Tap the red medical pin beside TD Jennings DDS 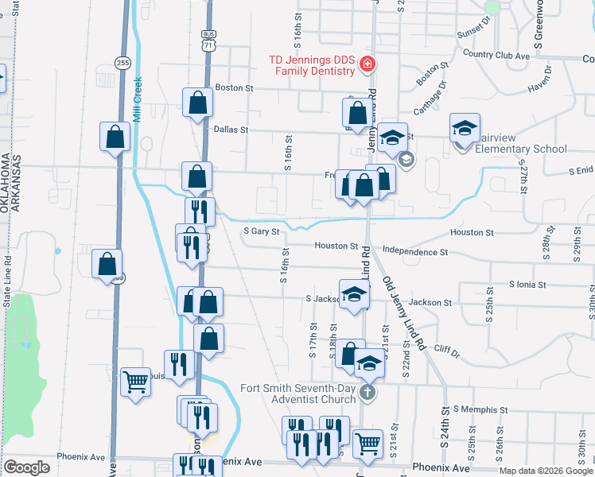point(367,64)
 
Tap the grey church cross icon point(367,391)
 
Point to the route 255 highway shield point(121,63)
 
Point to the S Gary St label point(262,232)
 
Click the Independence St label point(415,252)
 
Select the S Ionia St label point(528,284)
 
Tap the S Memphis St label point(479,409)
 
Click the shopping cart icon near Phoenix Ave point(367,442)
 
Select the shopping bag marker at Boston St point(197,103)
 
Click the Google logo point(26,467)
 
